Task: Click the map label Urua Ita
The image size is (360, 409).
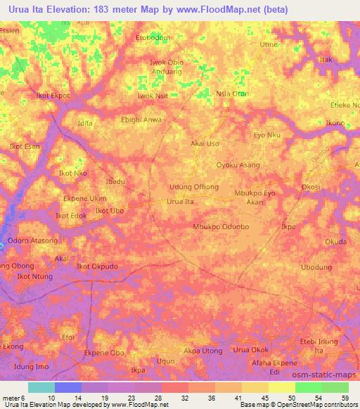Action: coord(180,202)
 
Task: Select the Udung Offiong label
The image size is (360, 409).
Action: coord(194,187)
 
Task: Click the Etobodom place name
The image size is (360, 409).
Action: coord(154,37)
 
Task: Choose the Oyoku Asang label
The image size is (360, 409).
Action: coord(238,165)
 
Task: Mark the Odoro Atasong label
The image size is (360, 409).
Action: coord(32,241)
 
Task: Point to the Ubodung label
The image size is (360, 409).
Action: coord(316,268)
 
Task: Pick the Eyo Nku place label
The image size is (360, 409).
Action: coord(266,134)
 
